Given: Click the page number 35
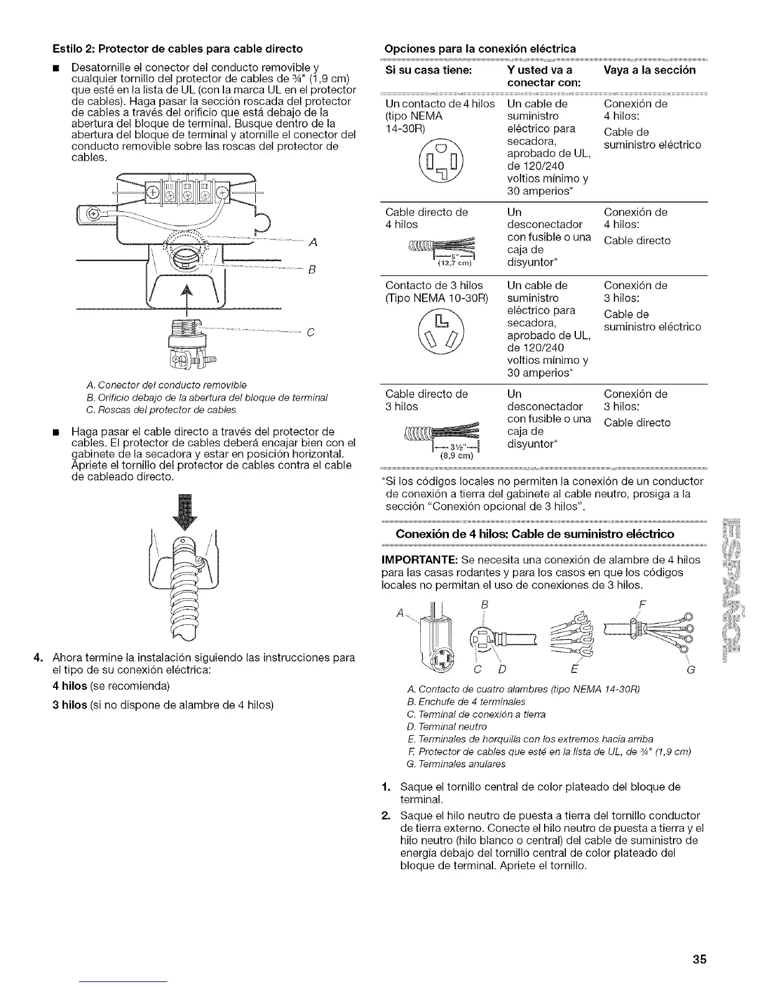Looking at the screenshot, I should click(x=700, y=959).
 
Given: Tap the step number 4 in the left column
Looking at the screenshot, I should click(x=38, y=658).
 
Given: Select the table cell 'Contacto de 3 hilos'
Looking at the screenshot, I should click(x=434, y=285).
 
